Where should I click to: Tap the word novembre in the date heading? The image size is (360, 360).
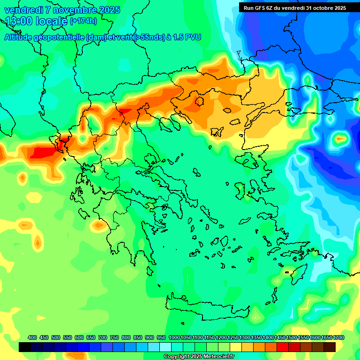pyautogui.click(x=73, y=10)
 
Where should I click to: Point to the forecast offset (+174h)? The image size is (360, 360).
pyautogui.click(x=83, y=21)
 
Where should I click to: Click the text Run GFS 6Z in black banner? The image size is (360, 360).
pyautogui.click(x=259, y=7)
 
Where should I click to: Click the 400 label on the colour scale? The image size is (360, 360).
pyautogui.click(x=32, y=338)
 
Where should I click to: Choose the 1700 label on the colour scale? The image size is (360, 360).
pyautogui.click(x=338, y=338)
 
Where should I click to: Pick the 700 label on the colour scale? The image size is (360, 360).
pyautogui.click(x=103, y=338)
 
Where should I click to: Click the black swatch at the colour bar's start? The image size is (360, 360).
pyautogui.click(x=25, y=347)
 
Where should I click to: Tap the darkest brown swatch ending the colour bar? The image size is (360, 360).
pyautogui.click(x=330, y=347)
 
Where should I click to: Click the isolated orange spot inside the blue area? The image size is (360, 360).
pyautogui.click(x=340, y=139)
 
